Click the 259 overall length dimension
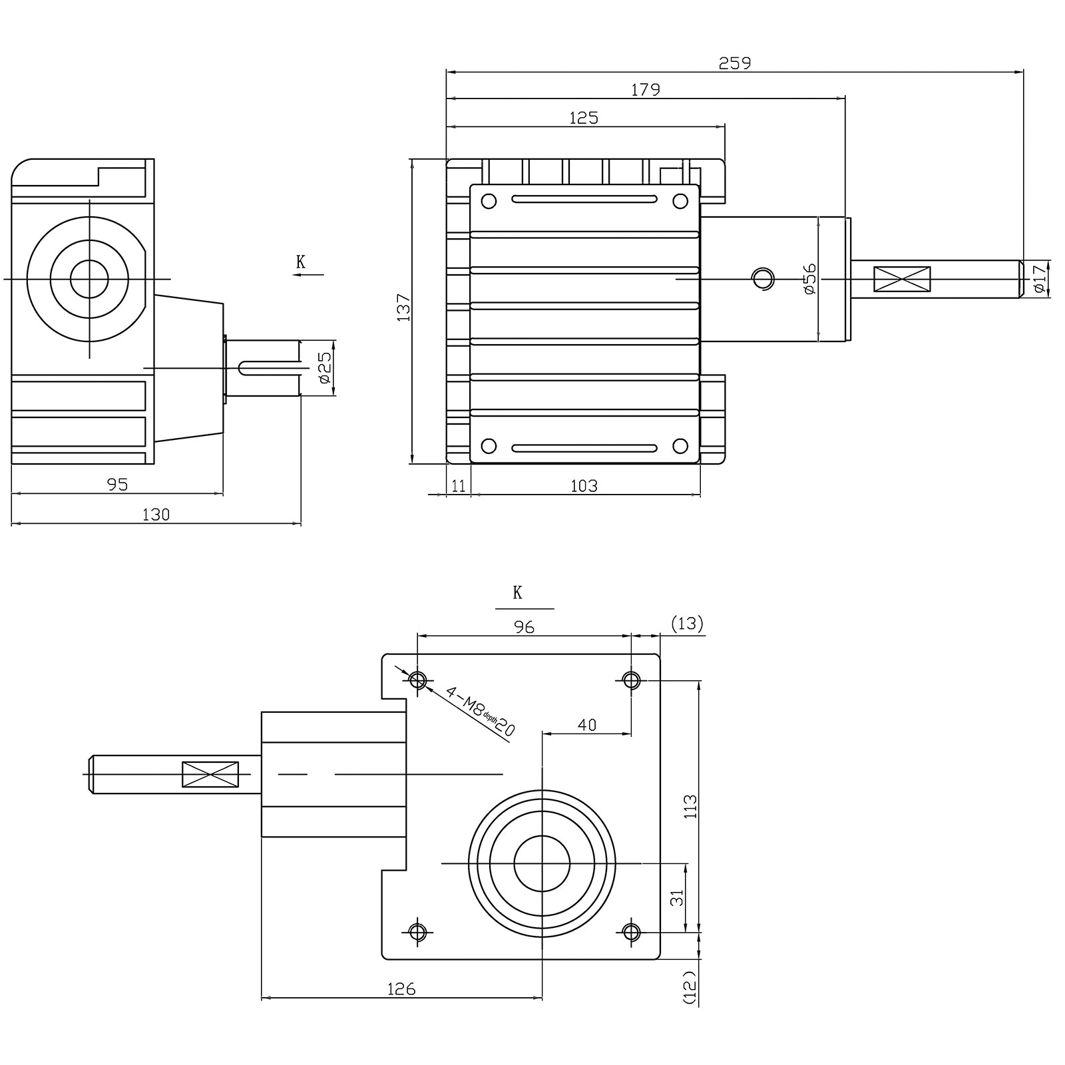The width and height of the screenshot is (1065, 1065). click(734, 63)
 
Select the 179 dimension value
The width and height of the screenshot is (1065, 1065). click(645, 90)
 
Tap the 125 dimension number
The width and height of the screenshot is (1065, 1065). click(584, 118)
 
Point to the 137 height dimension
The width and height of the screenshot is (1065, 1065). click(404, 308)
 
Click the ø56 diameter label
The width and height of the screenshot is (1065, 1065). click(809, 279)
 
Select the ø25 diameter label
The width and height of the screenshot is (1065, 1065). click(324, 367)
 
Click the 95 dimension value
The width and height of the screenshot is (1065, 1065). click(117, 485)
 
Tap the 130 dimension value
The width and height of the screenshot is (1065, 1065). click(156, 515)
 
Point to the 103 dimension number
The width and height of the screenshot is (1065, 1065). click(584, 486)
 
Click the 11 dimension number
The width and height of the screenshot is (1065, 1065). click(459, 486)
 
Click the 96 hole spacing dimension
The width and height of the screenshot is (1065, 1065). click(524, 627)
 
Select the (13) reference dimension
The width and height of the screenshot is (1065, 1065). click(687, 624)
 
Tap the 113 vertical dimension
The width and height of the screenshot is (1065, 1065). click(690, 806)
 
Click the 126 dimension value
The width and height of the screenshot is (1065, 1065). click(401, 989)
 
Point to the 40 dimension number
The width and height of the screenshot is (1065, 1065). click(586, 725)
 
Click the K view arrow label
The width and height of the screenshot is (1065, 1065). click(301, 262)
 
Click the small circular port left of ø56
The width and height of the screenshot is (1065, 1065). click(763, 278)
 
